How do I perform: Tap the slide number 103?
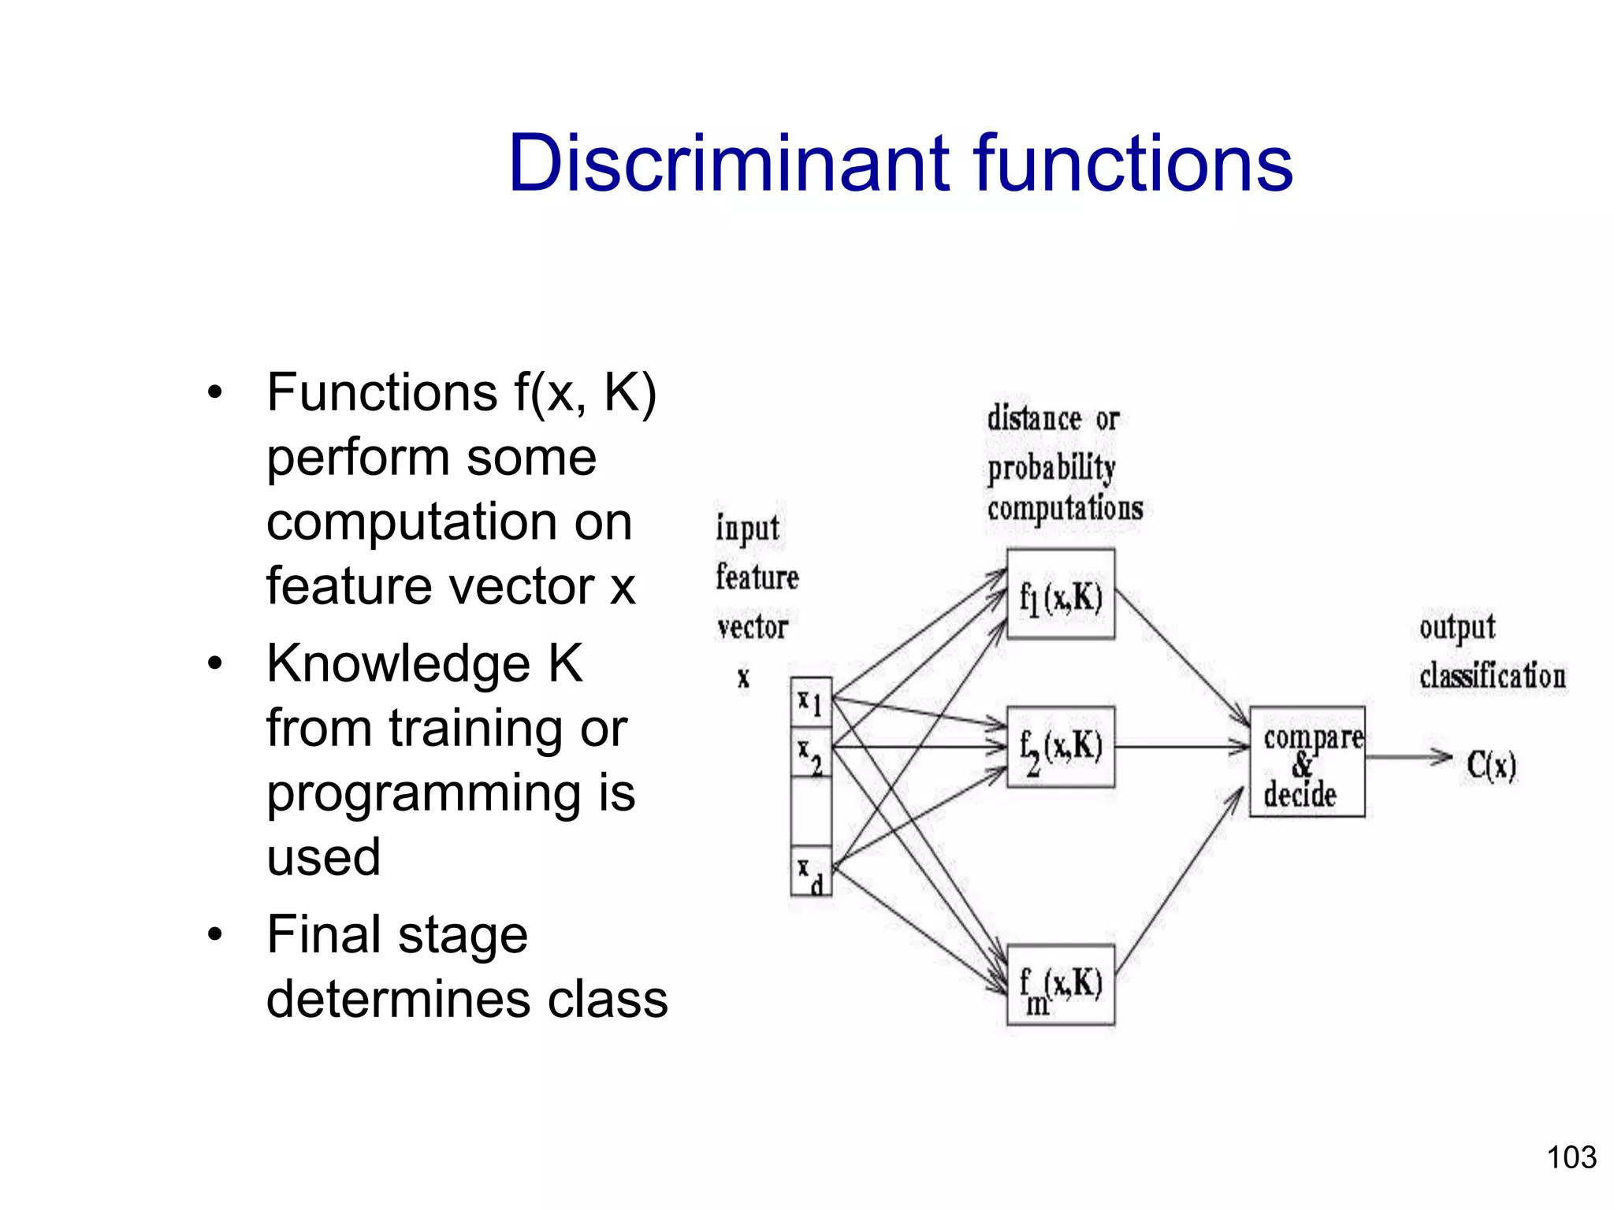pyautogui.click(x=1571, y=1157)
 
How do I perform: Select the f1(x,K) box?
pyautogui.click(x=1061, y=595)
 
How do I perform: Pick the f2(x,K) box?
pyautogui.click(x=1061, y=747)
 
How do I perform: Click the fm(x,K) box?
pyautogui.click(x=1061, y=985)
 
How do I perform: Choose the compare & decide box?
pyautogui.click(x=1307, y=762)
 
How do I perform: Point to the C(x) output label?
pyautogui.click(x=1491, y=765)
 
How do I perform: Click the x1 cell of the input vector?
pyautogui.click(x=811, y=702)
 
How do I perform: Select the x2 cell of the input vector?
pyautogui.click(x=811, y=753)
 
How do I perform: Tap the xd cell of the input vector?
pyautogui.click(x=811, y=873)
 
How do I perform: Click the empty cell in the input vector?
pyautogui.click(x=811, y=811)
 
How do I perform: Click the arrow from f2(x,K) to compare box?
pyautogui.click(x=1182, y=747)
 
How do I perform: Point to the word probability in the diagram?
pyautogui.click(x=1051, y=469)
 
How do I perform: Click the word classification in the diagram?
pyautogui.click(x=1492, y=677)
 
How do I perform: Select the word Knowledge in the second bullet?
pyautogui.click(x=398, y=663)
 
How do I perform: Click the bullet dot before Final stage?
pyautogui.click(x=215, y=935)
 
